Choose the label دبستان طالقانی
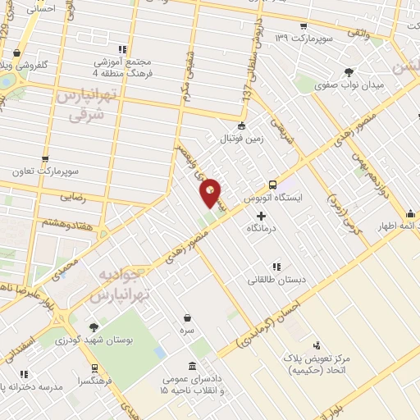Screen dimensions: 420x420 pos(277,280)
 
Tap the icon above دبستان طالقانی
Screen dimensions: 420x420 pos(276,266)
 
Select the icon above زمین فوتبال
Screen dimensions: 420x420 pos(240,126)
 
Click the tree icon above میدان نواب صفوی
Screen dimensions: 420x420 pos(349,71)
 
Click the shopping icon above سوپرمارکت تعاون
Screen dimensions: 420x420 pos(44,159)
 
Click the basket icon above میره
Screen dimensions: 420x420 pos(188,317)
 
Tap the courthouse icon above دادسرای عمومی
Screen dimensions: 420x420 pos(192,366)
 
